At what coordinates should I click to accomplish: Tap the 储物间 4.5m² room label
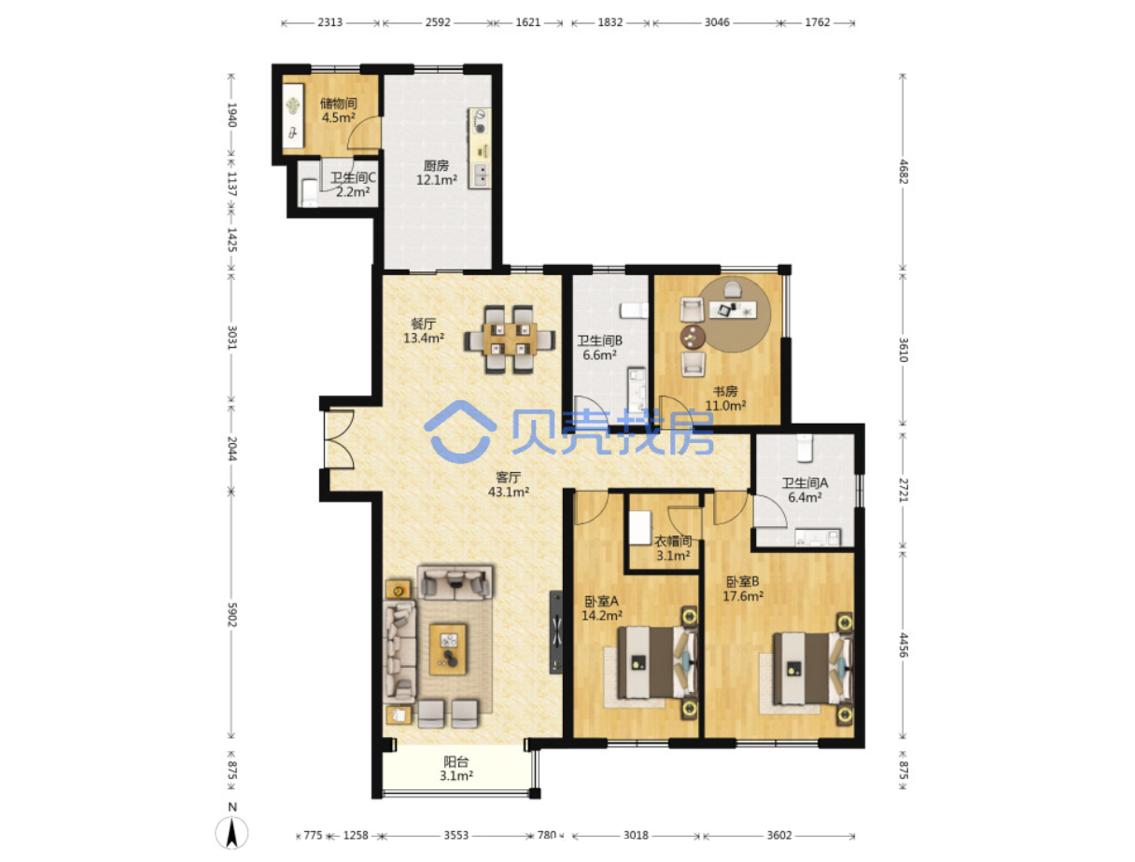pos(338,111)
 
